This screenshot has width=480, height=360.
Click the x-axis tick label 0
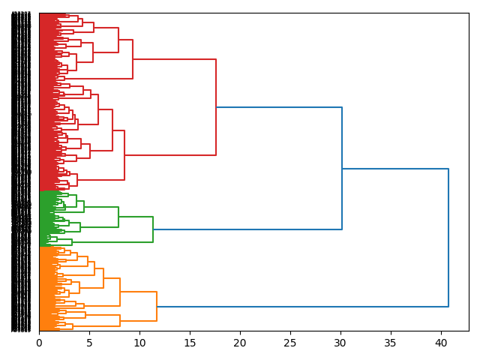(x=39, y=343)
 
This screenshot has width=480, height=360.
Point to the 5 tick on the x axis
(x=89, y=343)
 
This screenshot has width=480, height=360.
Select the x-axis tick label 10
(x=139, y=343)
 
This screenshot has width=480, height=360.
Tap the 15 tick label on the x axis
(x=190, y=343)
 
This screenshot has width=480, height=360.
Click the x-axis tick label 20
(x=240, y=343)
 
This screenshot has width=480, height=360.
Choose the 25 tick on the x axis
(x=290, y=343)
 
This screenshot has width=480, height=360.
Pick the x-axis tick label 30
(x=340, y=343)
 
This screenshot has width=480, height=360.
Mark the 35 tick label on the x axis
(x=391, y=343)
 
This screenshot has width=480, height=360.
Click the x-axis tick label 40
(x=441, y=343)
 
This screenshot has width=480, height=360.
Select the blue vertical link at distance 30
(x=342, y=169)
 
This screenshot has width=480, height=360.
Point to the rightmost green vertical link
(x=153, y=229)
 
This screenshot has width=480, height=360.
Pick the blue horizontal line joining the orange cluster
(x=300, y=307)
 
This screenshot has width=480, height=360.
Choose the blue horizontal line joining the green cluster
(x=247, y=229)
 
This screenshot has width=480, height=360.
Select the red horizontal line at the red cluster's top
(x=174, y=59)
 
